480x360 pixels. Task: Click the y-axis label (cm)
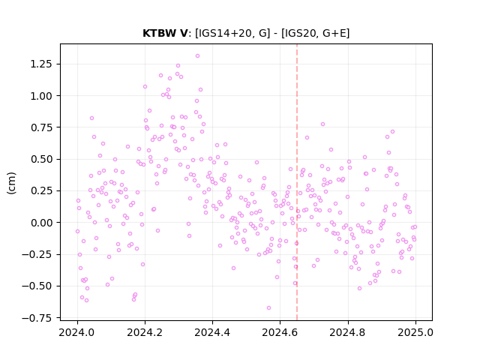tap(11, 183)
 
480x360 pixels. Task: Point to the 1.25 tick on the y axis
tap(41, 64)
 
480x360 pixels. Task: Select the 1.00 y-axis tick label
tap(41, 96)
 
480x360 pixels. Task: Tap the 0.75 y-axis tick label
tap(41, 127)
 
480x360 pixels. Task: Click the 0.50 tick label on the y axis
tap(41, 159)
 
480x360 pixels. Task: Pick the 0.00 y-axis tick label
tap(41, 223)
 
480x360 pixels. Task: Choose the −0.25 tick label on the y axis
tap(37, 254)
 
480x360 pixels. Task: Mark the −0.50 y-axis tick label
tap(37, 286)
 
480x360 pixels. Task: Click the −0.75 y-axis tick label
tap(37, 318)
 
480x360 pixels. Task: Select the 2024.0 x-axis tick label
tap(77, 332)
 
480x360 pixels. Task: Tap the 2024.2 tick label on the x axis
tap(145, 332)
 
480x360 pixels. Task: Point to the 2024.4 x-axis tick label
tap(212, 332)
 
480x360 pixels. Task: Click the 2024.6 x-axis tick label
tap(280, 332)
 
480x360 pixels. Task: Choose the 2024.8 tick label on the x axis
tap(347, 332)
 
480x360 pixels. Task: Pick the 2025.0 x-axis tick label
tap(415, 332)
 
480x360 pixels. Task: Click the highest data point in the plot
tap(197, 55)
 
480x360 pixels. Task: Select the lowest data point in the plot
tap(268, 307)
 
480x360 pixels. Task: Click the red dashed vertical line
tap(297, 182)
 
